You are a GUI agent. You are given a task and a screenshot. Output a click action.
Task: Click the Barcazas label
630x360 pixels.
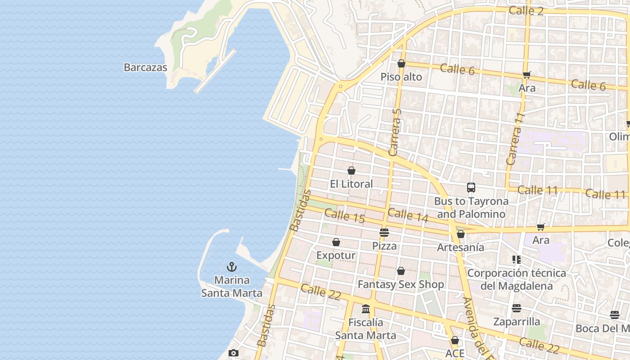point(145,67)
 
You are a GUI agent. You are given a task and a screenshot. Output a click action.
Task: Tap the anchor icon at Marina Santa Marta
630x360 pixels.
point(231,267)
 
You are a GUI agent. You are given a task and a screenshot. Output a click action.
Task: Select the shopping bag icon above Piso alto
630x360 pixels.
point(401,64)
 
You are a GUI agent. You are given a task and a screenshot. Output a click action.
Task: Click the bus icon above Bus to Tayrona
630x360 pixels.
point(471,188)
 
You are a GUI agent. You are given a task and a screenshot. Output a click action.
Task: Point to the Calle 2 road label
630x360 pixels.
point(526,10)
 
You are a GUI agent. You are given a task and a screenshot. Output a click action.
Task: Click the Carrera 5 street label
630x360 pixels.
point(396,132)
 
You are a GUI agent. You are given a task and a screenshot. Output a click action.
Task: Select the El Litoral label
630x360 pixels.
point(351,184)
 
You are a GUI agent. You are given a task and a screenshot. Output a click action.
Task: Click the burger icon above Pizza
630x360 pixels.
point(384,233)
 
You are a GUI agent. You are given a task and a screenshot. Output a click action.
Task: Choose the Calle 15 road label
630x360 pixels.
point(344,216)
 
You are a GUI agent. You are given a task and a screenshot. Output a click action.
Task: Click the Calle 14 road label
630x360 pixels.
point(408,215)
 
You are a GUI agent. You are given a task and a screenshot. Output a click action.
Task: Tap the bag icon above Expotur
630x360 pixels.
point(336,243)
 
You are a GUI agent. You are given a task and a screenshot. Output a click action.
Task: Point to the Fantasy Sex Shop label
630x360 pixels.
point(400,284)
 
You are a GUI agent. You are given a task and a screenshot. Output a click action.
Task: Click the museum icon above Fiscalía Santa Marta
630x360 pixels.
point(365,309)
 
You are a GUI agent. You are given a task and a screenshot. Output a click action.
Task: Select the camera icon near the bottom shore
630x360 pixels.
point(233,353)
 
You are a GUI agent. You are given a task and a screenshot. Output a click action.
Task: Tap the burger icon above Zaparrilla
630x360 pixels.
point(516,308)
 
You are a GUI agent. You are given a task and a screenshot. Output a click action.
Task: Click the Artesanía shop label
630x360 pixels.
point(460,247)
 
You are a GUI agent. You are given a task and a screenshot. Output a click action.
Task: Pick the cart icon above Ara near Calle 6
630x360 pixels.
point(526,75)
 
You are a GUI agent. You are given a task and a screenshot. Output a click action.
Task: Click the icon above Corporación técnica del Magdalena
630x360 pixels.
point(516,260)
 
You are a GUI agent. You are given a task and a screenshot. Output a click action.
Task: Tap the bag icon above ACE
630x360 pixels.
point(454,340)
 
